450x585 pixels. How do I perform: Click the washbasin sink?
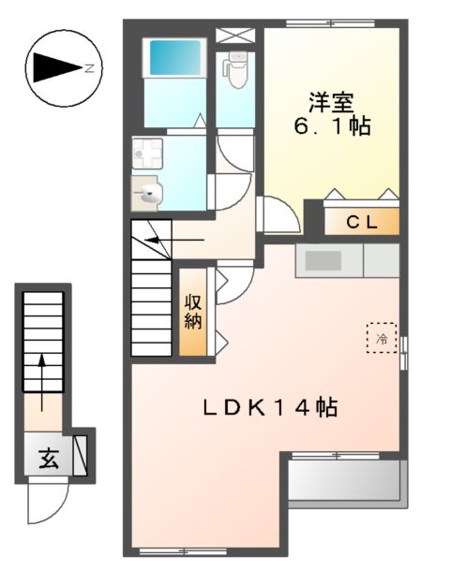(x=148, y=194)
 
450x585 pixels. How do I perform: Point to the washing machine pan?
(x=146, y=152)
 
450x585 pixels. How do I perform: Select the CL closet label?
(x=362, y=223)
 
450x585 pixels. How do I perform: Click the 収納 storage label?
(x=193, y=312)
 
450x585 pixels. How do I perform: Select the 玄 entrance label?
(x=46, y=459)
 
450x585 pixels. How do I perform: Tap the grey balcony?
(x=345, y=483)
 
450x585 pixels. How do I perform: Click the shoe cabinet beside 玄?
(x=81, y=456)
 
